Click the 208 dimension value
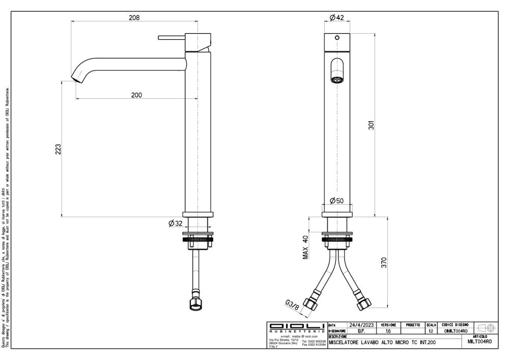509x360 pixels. [134, 17]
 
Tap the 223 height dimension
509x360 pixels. [58, 149]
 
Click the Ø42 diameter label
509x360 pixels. [336, 18]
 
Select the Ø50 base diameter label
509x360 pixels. [336, 200]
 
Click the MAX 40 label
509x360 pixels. [306, 247]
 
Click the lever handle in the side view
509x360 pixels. [171, 37]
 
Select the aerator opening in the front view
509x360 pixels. [336, 79]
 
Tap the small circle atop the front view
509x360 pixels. [336, 38]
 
